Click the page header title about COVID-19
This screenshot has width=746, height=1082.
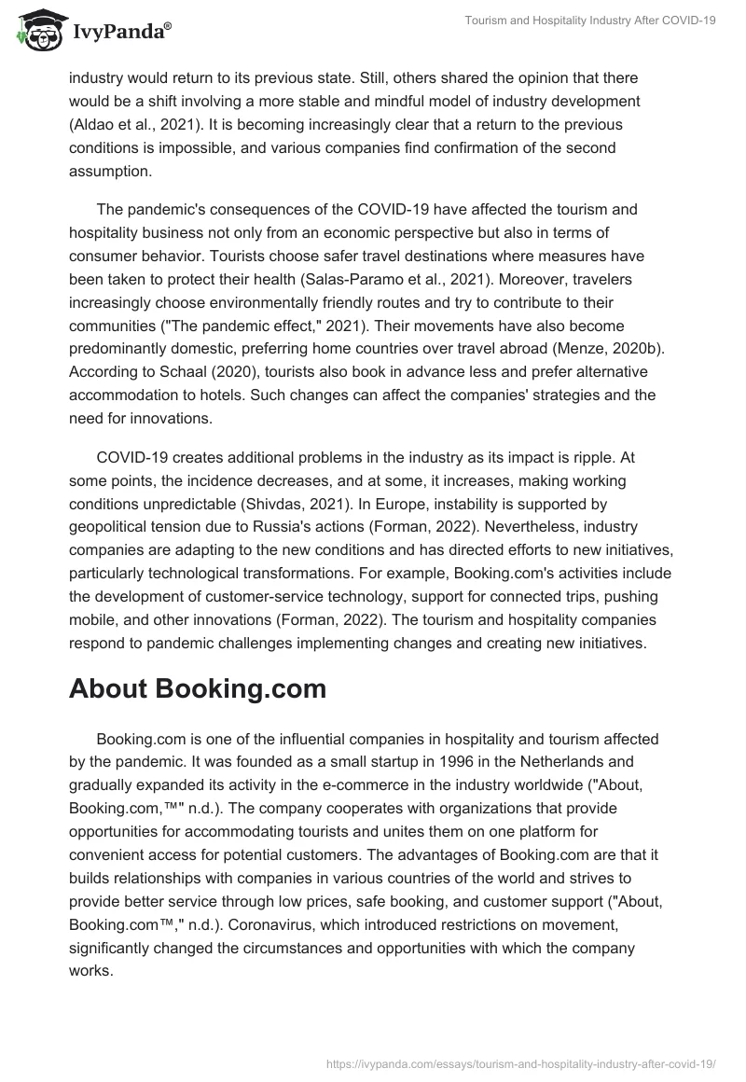pos(590,21)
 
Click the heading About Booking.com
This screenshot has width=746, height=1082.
pos(198,688)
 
